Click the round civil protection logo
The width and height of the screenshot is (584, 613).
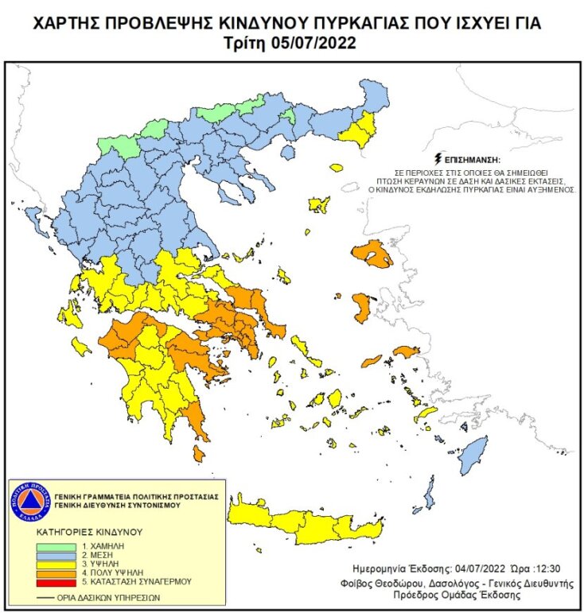click(29, 501)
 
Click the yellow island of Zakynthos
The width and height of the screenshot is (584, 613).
click(81, 347)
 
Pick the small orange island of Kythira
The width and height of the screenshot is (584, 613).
click(199, 454)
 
